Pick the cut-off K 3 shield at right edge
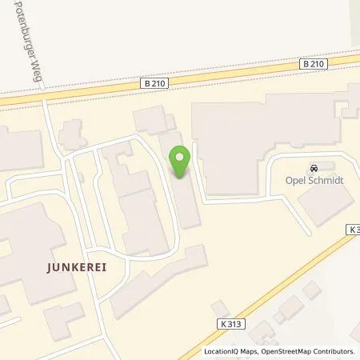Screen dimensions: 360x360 [353, 229]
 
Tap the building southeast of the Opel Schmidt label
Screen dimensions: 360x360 [320, 206]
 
